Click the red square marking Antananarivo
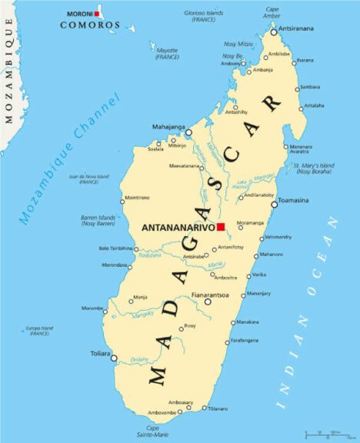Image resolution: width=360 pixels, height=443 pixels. pos(220,227)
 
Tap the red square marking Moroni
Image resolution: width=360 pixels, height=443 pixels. pos(98,14)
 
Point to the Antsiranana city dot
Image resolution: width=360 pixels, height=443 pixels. pos(273,32)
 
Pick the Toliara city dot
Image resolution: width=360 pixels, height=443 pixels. pos(115,358)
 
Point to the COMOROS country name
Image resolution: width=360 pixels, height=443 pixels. pos(91,25)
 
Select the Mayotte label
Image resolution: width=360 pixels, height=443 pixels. pos(167,53)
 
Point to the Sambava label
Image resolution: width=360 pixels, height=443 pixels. pos(310,87)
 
